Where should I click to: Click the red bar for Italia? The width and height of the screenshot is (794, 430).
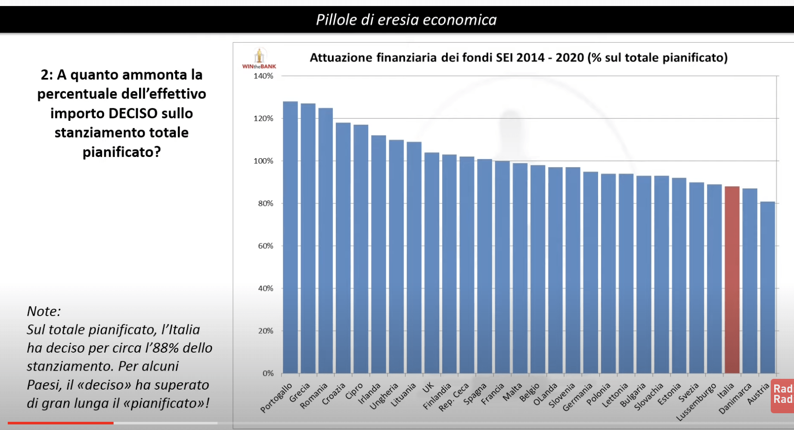(732, 279)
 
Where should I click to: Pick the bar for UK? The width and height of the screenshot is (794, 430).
(432, 263)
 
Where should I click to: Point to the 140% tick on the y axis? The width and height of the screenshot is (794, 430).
(263, 76)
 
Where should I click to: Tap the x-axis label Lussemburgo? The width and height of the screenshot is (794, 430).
(696, 402)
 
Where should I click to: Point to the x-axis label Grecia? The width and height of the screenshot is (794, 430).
(300, 393)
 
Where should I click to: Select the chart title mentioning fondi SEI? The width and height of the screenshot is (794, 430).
(518, 58)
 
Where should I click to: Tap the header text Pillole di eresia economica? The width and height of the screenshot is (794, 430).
(406, 20)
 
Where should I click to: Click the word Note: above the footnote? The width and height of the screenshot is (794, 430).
(44, 311)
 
